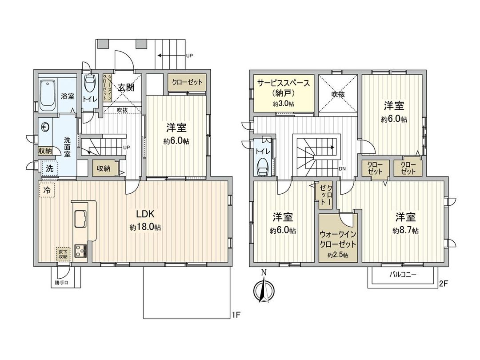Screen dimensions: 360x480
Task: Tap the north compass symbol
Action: [x=263, y=292]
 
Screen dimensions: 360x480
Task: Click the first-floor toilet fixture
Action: [x=89, y=84]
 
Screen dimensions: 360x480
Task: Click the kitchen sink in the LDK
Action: [x=81, y=218]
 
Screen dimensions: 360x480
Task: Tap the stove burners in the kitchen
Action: [x=81, y=251]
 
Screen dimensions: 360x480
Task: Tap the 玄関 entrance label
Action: [x=126, y=88]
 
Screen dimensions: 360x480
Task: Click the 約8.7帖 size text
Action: [x=405, y=231]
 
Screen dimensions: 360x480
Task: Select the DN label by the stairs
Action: [x=343, y=169]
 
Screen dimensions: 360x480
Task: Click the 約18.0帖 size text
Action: [x=145, y=227]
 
